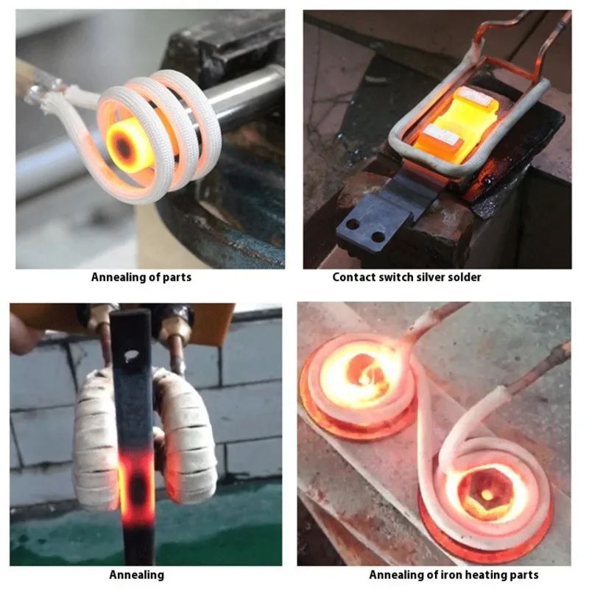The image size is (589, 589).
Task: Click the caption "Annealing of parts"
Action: pyautogui.click(x=141, y=278)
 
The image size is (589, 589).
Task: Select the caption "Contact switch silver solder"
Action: pyautogui.click(x=406, y=278)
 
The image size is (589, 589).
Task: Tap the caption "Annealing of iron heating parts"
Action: pyautogui.click(x=454, y=574)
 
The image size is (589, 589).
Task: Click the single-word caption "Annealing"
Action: pyautogui.click(x=137, y=574)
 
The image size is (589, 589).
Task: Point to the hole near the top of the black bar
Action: pyautogui.click(x=132, y=356)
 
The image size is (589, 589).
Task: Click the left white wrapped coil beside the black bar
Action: pyautogui.click(x=96, y=434)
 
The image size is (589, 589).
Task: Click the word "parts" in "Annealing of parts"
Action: pyautogui.click(x=177, y=278)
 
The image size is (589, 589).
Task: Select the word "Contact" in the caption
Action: pyautogui.click(x=353, y=278)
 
